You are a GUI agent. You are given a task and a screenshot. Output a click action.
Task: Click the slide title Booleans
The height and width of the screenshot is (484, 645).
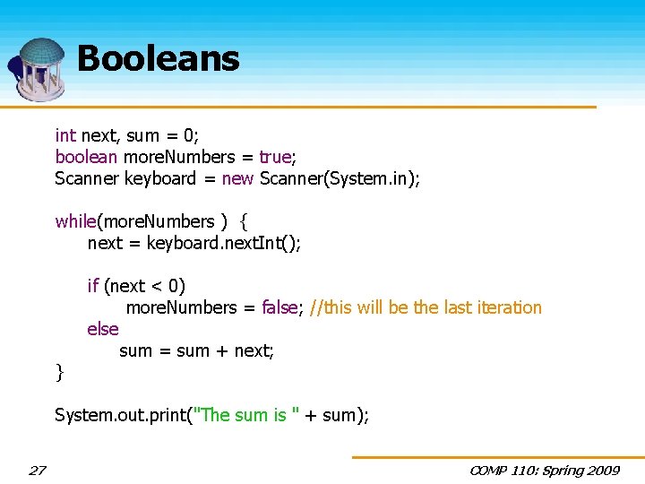[159, 59]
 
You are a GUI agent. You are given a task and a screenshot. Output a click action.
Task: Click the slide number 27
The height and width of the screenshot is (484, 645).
[38, 471]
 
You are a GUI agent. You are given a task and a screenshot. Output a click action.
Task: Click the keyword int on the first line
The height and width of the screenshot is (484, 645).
[65, 135]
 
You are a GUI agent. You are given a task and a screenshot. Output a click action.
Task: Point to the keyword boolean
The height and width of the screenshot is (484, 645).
[86, 157]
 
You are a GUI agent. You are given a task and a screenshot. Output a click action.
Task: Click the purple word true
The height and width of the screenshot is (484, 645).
[275, 157]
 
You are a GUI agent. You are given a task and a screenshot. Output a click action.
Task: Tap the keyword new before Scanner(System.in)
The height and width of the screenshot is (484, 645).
[237, 178]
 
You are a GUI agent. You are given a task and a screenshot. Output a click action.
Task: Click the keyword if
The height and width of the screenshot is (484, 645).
[92, 286]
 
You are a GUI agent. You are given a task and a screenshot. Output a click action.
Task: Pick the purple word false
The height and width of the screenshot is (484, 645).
[279, 307]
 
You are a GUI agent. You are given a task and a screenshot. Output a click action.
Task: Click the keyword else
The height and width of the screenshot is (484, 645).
[103, 329]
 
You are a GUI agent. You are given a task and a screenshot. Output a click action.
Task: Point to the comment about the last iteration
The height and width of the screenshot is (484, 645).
[426, 307]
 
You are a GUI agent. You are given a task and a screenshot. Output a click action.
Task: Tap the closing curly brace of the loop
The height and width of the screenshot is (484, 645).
[59, 371]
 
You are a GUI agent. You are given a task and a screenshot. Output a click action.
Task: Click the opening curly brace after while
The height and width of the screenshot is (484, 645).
[244, 221]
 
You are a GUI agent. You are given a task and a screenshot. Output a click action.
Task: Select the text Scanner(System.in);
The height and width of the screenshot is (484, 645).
[340, 178]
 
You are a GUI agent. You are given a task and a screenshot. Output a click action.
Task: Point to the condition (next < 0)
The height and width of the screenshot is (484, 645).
[145, 286]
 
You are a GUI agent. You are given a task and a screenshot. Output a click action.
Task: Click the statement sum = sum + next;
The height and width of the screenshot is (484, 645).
[196, 350]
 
